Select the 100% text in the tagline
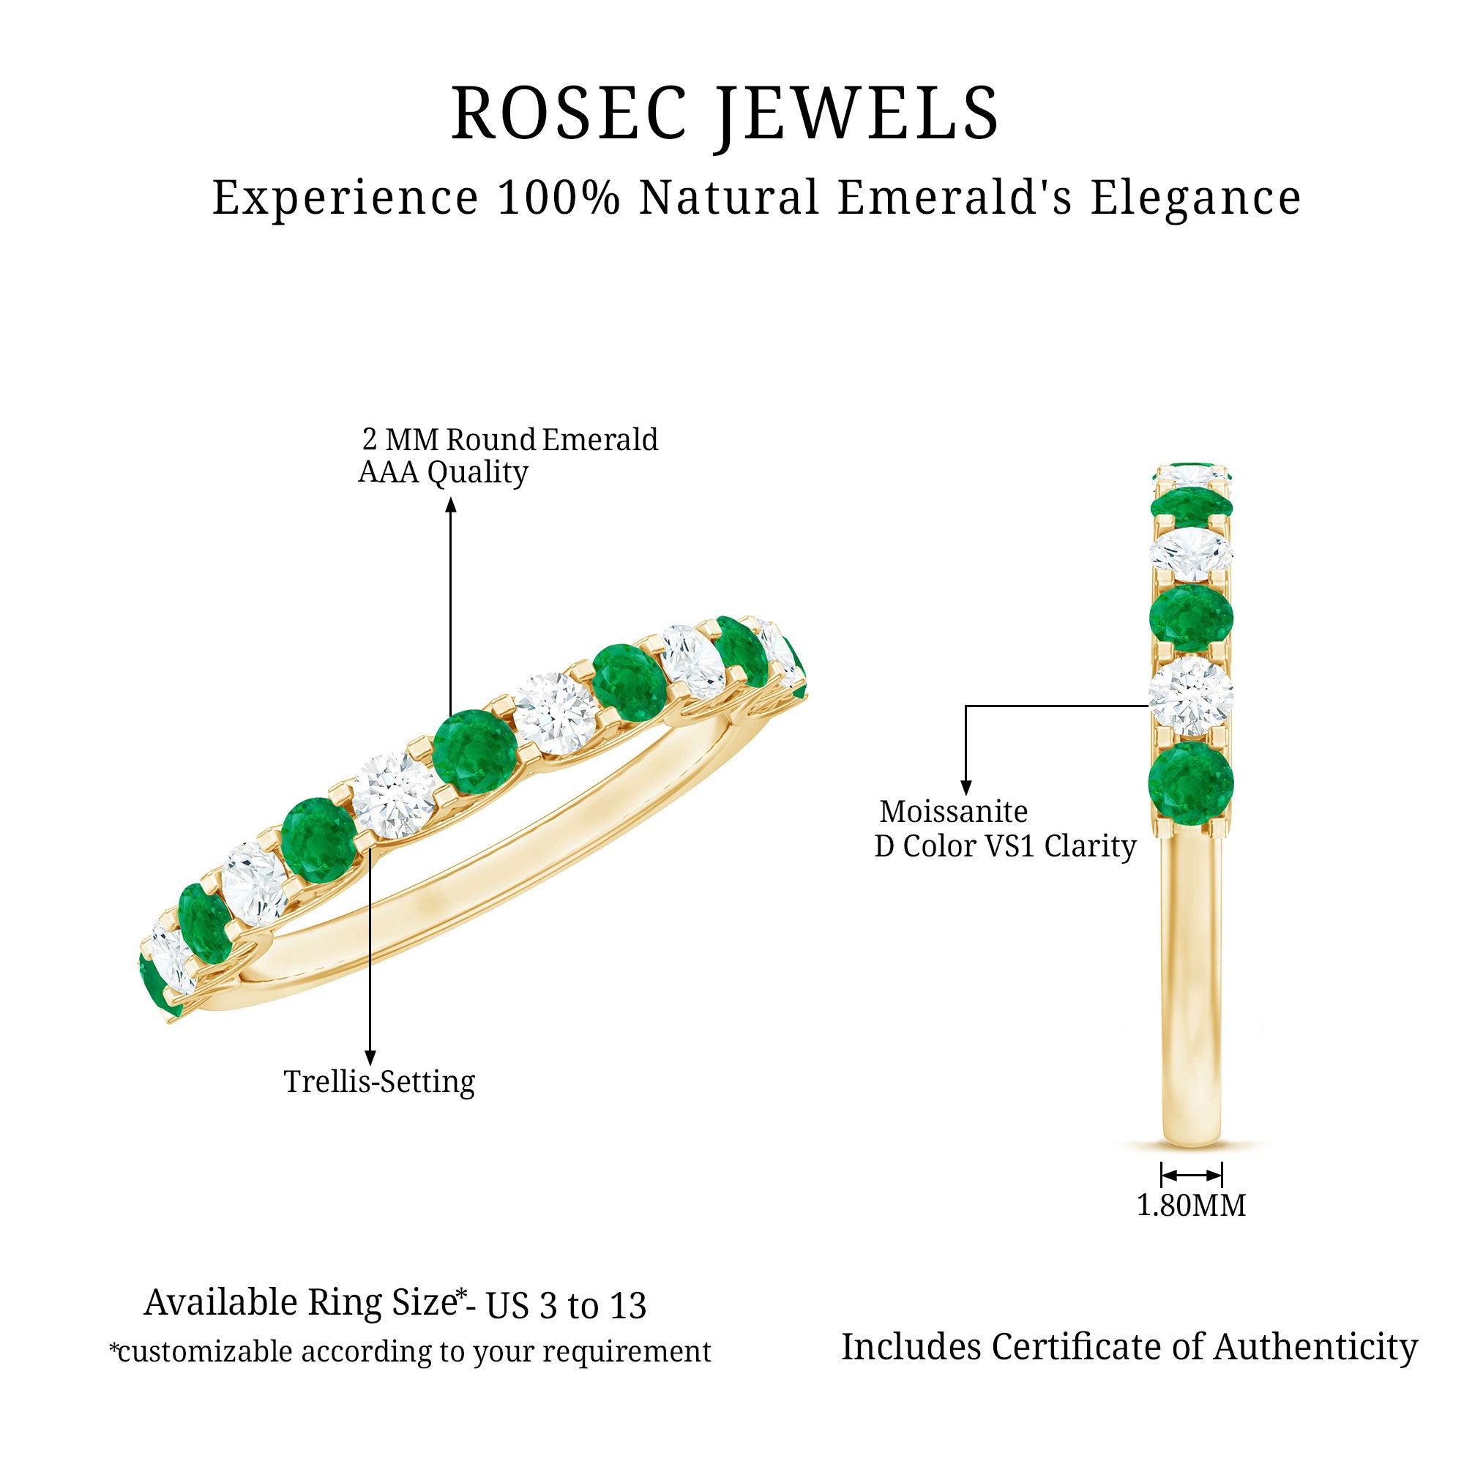click(x=559, y=198)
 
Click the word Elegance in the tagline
click(x=1196, y=198)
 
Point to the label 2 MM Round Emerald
click(x=510, y=439)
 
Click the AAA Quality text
click(x=444, y=472)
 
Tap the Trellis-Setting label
click(x=379, y=1081)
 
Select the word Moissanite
click(x=953, y=812)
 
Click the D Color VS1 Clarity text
click(x=1005, y=846)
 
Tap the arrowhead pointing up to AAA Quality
click(x=451, y=504)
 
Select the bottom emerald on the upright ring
click(x=1191, y=781)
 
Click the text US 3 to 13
click(x=566, y=1306)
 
